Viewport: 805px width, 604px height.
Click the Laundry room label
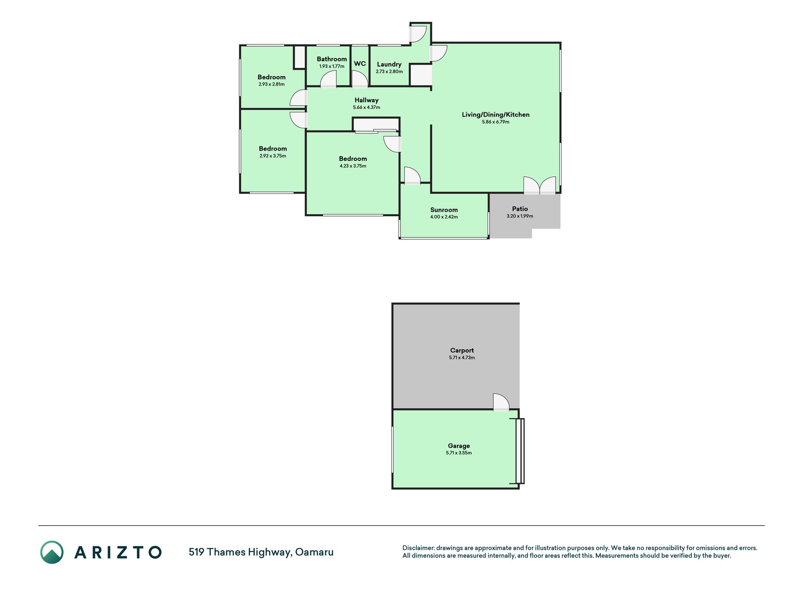(x=389, y=64)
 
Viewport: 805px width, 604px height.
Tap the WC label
(x=360, y=64)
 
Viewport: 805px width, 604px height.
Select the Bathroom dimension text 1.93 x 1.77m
(x=332, y=67)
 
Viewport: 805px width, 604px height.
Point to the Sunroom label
(x=444, y=210)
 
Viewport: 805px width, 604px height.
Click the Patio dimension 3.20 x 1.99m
(x=520, y=216)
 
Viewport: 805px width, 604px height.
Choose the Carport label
(x=462, y=350)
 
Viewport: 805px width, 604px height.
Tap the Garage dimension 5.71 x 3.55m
(x=459, y=453)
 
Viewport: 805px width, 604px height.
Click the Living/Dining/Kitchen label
(x=496, y=115)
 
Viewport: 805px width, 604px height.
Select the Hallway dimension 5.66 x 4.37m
(x=366, y=108)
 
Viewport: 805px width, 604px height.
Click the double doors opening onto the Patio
(x=540, y=185)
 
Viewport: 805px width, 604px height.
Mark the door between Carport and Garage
(x=501, y=402)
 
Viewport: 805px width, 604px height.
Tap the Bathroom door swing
(x=329, y=79)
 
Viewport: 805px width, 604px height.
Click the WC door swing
(x=360, y=79)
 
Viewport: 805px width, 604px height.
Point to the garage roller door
(x=520, y=451)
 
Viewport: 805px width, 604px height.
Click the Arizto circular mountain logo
(x=52, y=552)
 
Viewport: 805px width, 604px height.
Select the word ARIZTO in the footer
(x=118, y=552)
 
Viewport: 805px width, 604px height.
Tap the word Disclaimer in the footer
(x=418, y=548)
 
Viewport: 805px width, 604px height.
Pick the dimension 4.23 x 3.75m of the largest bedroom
(x=353, y=166)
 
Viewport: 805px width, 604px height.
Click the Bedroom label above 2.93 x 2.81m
(x=272, y=77)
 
